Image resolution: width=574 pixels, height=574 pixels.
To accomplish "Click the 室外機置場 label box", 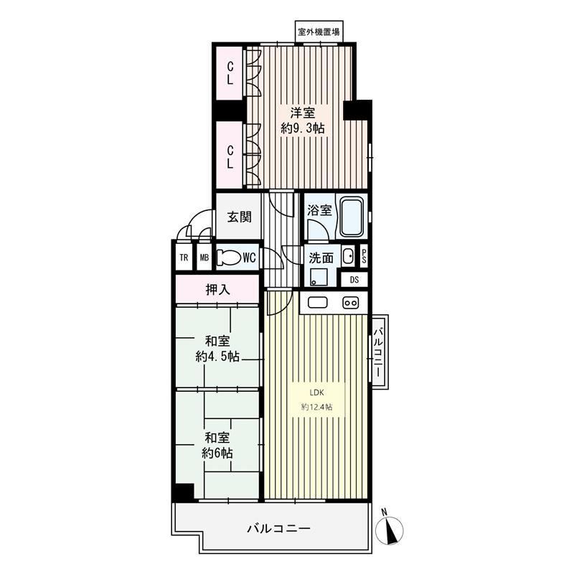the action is (x=319, y=32).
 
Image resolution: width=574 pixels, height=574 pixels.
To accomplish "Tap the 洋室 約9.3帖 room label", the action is (x=303, y=121).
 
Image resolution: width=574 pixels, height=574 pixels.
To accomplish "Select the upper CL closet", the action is (x=230, y=73).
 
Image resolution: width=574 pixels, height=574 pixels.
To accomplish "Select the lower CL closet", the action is (x=230, y=156).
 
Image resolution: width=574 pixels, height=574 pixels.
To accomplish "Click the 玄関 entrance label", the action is (x=240, y=217).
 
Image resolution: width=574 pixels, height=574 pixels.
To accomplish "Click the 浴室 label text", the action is (x=319, y=210).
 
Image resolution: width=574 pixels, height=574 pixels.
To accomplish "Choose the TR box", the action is (x=184, y=258).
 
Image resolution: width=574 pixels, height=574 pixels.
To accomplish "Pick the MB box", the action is (x=204, y=258).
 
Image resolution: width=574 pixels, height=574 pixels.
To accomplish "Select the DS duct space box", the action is (x=354, y=280).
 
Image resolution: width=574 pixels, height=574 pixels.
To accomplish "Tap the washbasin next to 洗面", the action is (x=348, y=256).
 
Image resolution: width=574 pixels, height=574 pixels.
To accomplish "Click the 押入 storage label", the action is (x=218, y=290).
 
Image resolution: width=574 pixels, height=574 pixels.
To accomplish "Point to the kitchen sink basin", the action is (x=317, y=303).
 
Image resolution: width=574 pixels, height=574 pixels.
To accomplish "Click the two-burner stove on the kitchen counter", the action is (x=350, y=303).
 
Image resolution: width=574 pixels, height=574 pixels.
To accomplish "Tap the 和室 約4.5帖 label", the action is (x=217, y=349).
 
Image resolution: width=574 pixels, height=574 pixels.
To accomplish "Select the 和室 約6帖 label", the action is (x=217, y=445).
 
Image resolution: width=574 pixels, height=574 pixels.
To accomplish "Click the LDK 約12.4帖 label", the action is (x=317, y=400).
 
